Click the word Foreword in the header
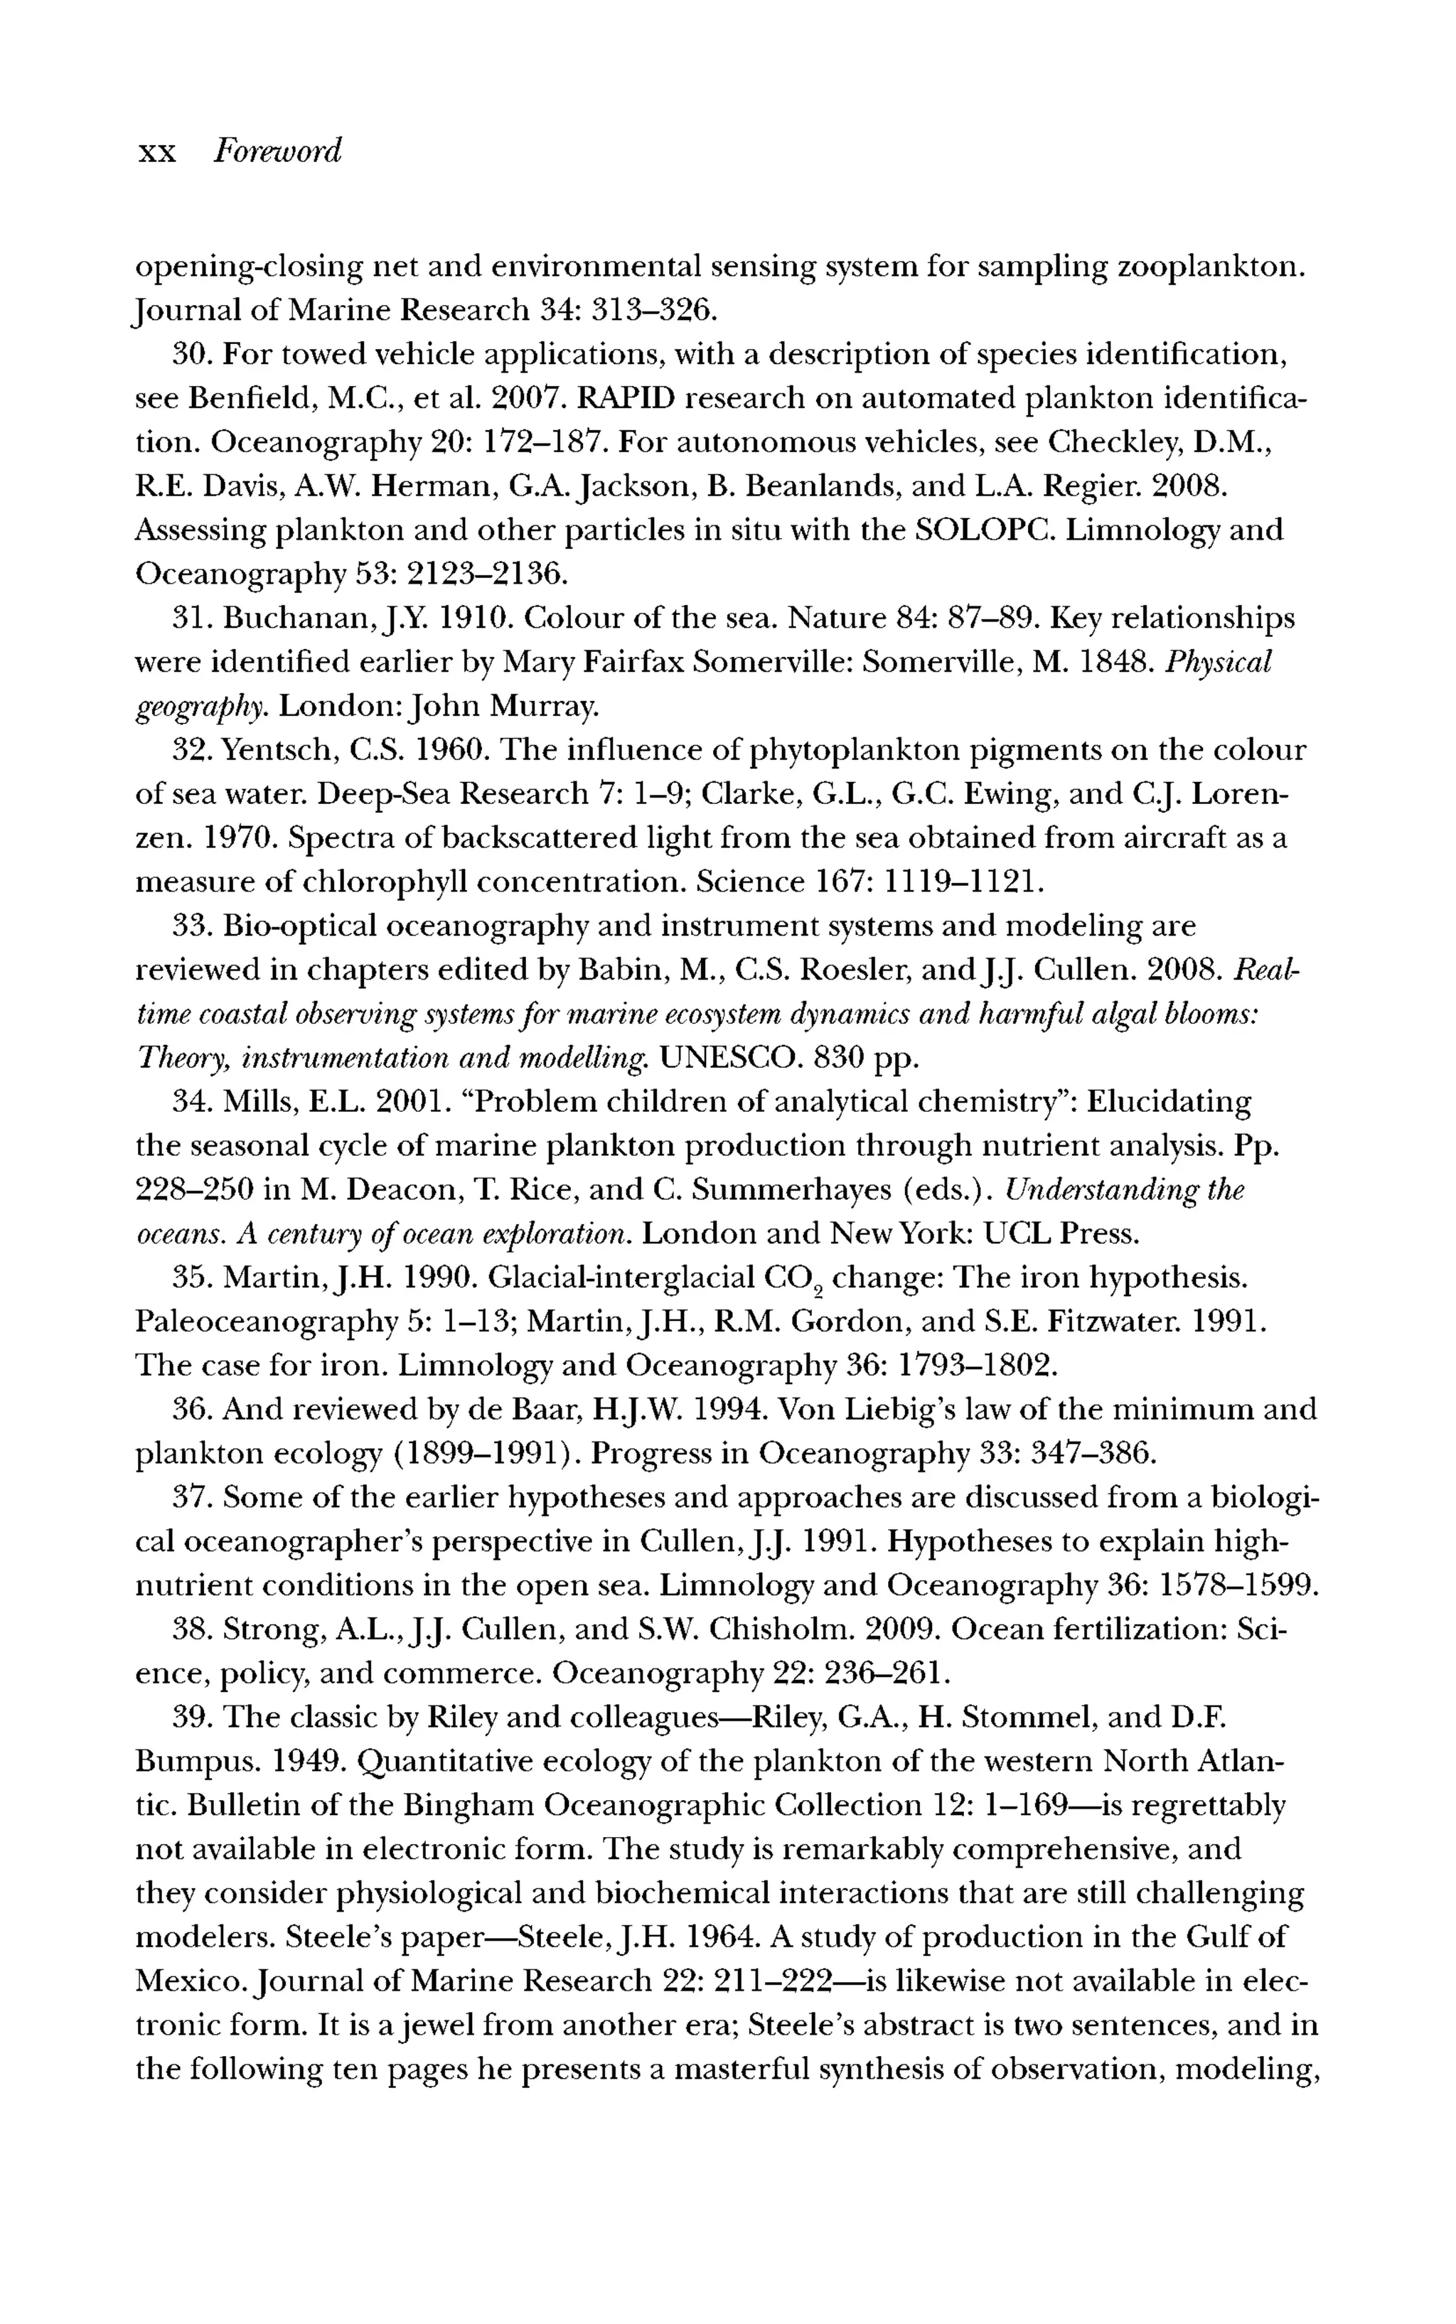coord(277,152)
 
